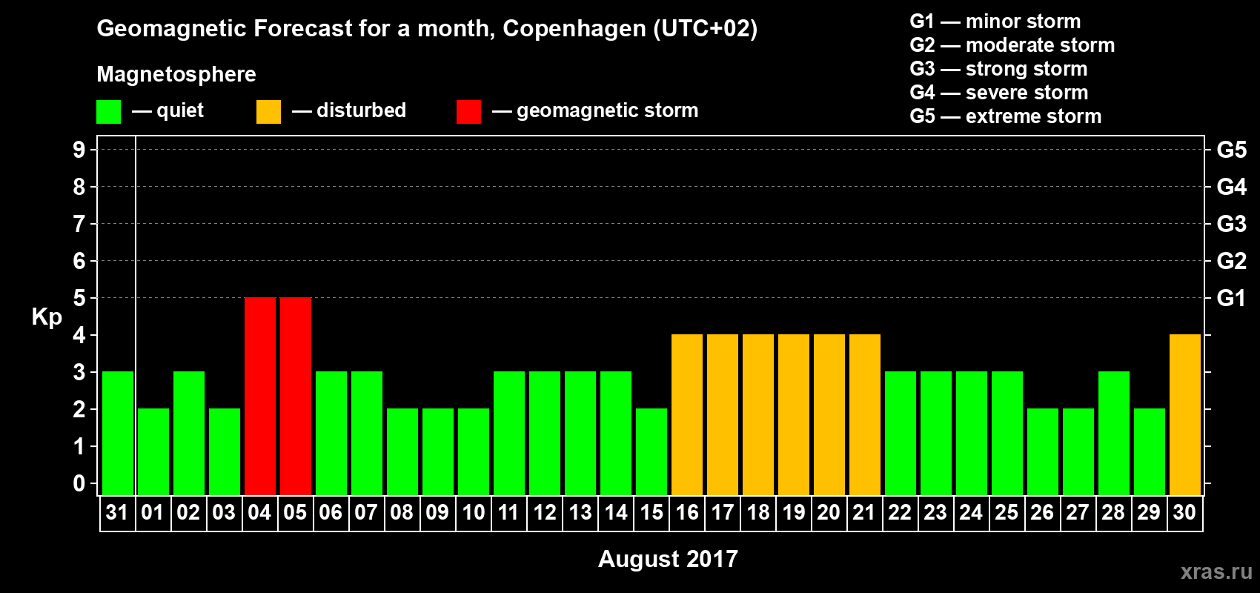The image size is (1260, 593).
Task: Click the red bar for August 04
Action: [260, 396]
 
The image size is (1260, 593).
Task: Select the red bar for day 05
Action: [296, 396]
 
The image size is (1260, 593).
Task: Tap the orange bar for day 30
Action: [1185, 414]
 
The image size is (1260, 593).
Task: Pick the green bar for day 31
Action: [118, 433]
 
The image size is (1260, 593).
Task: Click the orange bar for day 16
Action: [687, 414]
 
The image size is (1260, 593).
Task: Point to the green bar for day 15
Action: [651, 451]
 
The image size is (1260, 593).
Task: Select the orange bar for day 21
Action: [865, 414]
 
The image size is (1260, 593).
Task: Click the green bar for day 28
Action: [1114, 433]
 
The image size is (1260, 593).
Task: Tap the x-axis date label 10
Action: [474, 512]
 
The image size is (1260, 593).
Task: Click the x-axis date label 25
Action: [1007, 512]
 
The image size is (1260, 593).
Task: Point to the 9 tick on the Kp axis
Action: [79, 150]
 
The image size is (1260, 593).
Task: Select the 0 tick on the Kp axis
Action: [79, 483]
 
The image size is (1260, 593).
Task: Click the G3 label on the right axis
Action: [1231, 224]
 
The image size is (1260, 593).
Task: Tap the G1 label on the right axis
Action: [1231, 298]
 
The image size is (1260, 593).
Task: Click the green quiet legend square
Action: [109, 112]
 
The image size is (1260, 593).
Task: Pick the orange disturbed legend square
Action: [268, 112]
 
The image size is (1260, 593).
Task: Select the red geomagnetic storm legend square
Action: [468, 112]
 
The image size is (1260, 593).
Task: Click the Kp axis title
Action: [47, 317]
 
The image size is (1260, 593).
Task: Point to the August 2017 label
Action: [668, 559]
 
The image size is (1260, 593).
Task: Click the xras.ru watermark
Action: [1216, 572]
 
